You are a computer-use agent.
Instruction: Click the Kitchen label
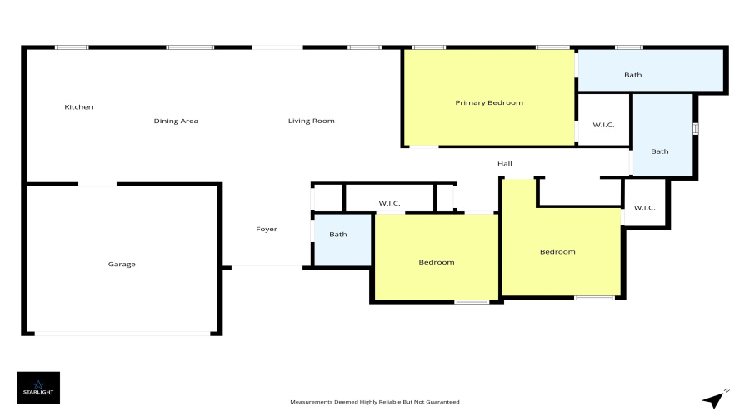click(x=78, y=107)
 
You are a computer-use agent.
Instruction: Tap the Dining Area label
click(x=176, y=121)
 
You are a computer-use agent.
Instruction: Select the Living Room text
click(x=312, y=121)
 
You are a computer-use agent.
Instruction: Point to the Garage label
click(x=122, y=264)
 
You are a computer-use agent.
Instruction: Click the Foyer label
click(x=267, y=230)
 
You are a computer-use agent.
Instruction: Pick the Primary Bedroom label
click(x=489, y=102)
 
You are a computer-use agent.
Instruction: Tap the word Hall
click(x=505, y=164)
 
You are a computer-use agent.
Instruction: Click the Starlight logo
click(x=38, y=388)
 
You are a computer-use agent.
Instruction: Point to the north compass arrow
click(x=715, y=399)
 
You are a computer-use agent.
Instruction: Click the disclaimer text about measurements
click(x=375, y=402)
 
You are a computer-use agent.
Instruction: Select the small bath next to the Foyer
click(x=343, y=240)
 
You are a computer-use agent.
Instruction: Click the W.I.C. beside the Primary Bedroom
click(x=603, y=120)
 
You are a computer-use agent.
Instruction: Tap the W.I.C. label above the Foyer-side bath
click(x=389, y=203)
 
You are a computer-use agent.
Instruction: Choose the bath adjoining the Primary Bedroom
click(x=650, y=70)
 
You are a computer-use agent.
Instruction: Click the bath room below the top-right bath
click(x=663, y=135)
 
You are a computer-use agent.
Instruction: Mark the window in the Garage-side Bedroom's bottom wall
click(x=472, y=302)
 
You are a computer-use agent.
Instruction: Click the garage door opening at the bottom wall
click(x=122, y=334)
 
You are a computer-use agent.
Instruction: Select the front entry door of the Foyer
click(x=267, y=268)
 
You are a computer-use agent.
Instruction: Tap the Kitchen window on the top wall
click(x=72, y=47)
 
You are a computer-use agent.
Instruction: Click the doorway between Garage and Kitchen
click(x=97, y=185)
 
